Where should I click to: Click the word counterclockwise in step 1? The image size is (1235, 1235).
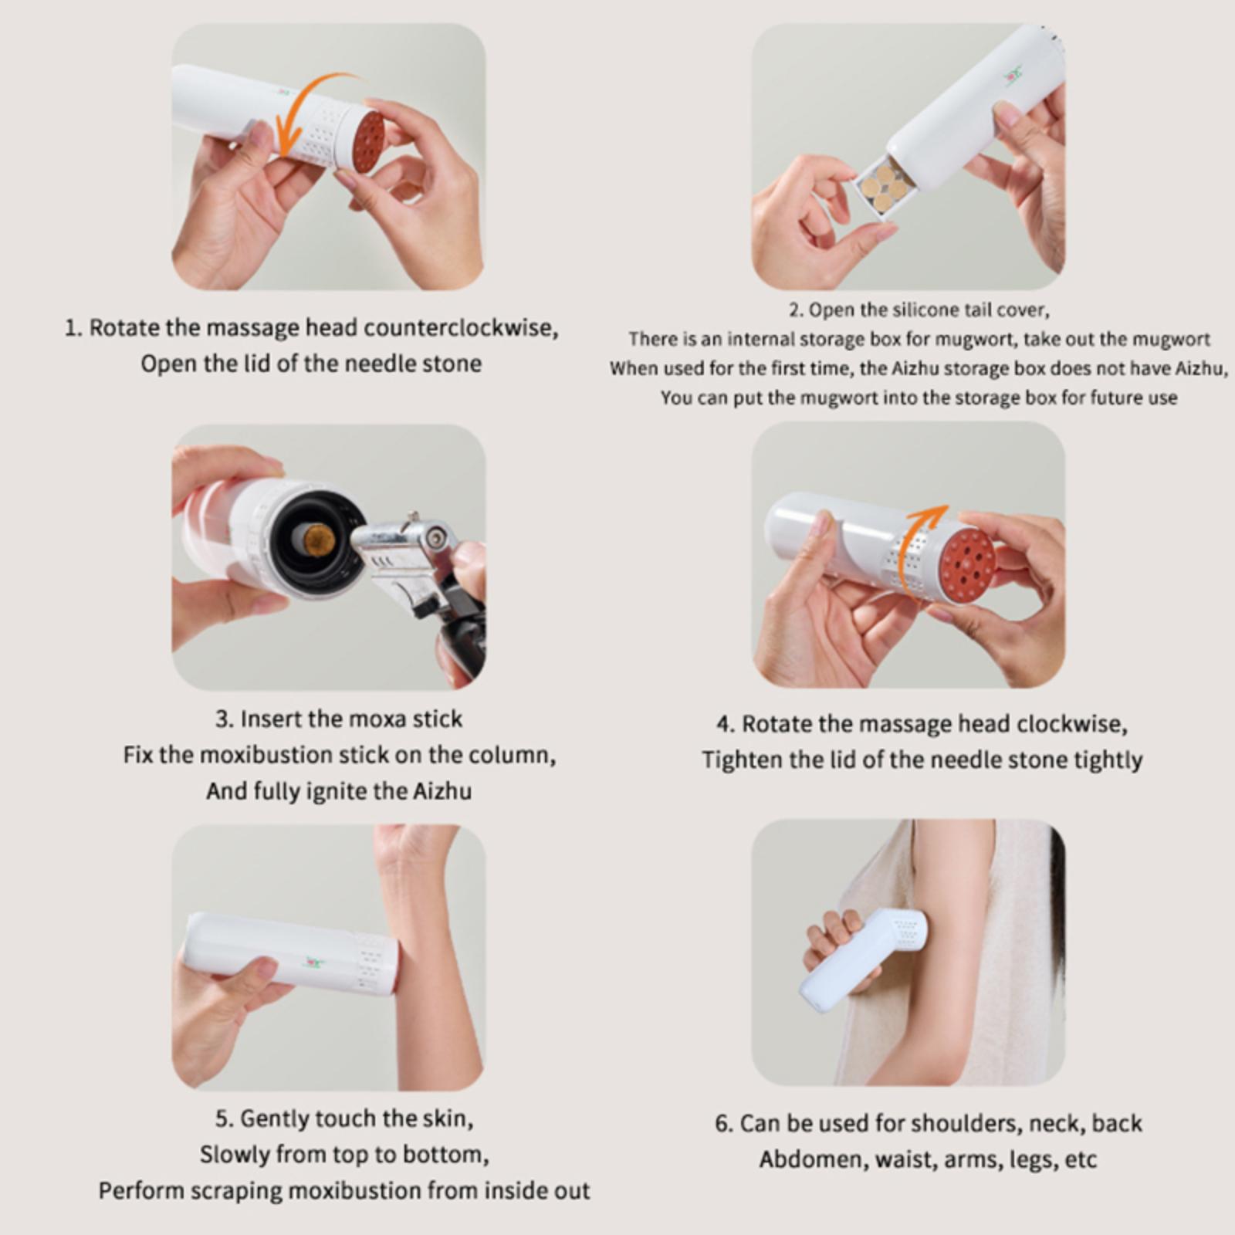point(459,328)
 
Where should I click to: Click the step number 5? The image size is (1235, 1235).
point(223,1118)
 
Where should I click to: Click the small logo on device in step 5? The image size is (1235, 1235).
point(313,962)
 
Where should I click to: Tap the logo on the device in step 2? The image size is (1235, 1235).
point(1012,73)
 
